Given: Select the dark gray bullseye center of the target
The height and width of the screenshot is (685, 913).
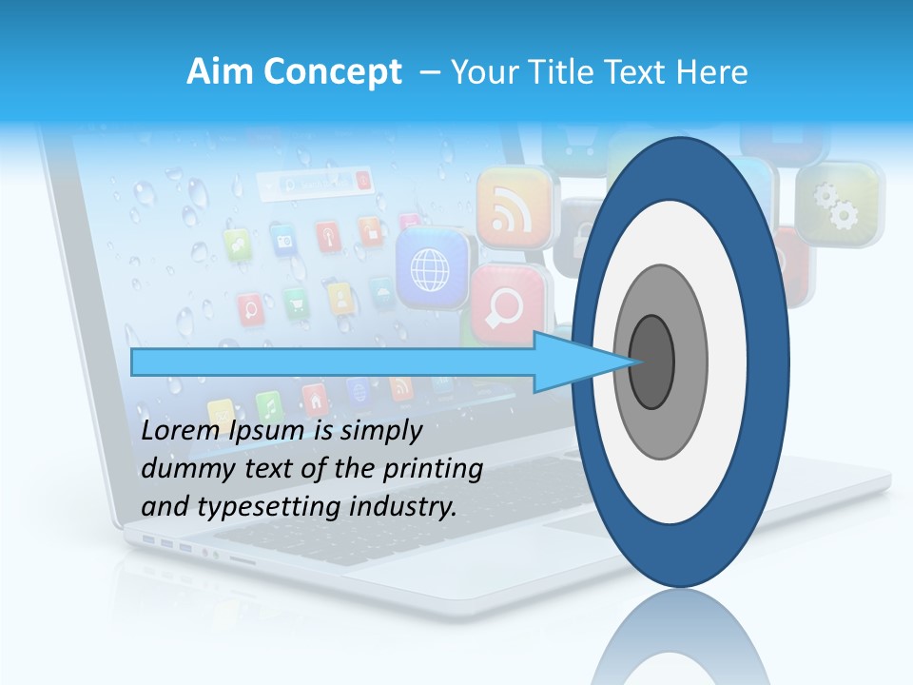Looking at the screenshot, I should [x=652, y=362].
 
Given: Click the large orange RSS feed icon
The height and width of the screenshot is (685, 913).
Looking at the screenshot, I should [x=514, y=205].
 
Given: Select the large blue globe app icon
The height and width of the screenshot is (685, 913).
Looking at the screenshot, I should [x=433, y=267].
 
